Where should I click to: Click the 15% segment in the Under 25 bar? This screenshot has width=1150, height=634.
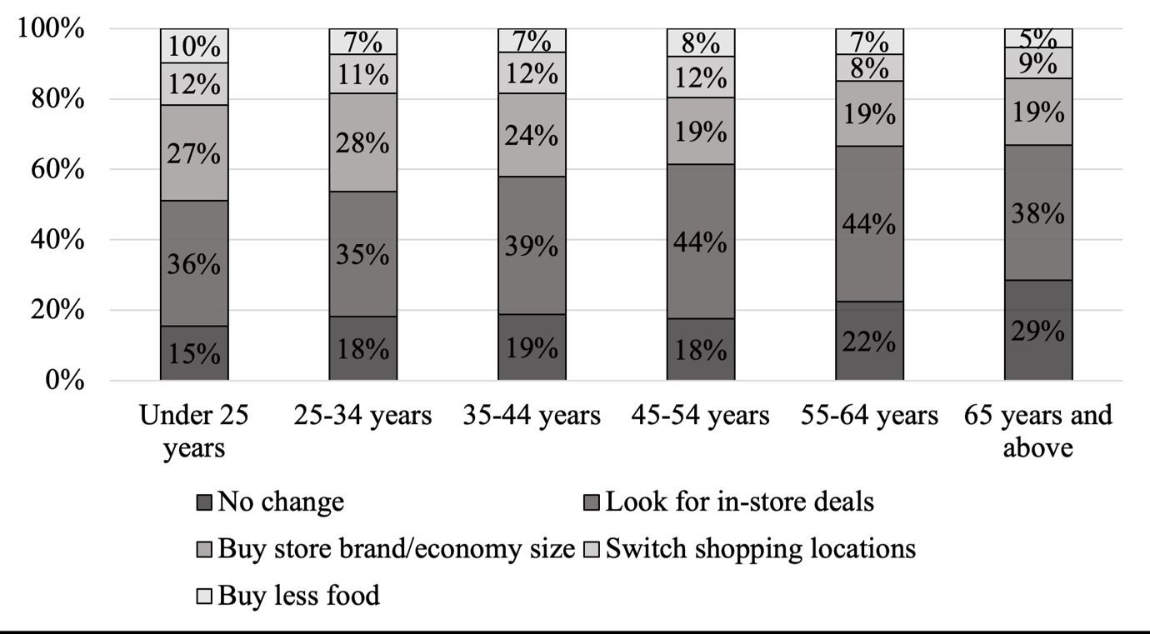pos(194,353)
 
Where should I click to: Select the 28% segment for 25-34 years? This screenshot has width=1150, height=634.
pos(362,142)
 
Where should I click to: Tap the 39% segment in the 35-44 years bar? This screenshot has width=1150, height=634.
pos(532,246)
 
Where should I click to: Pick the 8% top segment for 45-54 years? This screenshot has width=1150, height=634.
pos(700,42)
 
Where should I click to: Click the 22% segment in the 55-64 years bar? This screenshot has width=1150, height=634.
pos(869,341)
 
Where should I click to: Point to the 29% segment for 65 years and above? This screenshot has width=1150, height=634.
pos(1038,331)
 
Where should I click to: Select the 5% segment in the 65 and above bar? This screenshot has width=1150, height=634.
pos(1038,37)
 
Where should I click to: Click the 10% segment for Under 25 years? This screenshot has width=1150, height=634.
pos(194,46)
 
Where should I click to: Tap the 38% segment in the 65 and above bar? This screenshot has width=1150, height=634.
pos(1038,214)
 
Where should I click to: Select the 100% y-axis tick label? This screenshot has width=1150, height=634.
pos(49,29)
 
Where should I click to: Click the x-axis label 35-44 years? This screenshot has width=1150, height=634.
pos(532,415)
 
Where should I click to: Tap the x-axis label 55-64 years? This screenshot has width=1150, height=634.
pos(869,415)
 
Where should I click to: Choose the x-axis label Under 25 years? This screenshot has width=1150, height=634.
pos(194,431)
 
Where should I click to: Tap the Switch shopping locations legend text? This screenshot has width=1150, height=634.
pos(760,549)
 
